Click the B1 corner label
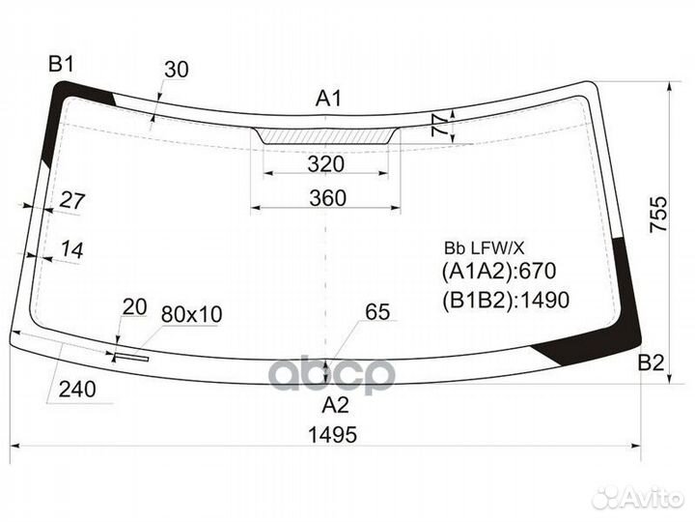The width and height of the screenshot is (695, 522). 62,65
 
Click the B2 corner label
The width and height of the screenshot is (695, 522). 652,363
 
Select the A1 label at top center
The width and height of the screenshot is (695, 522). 329,98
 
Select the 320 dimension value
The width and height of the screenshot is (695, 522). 326,164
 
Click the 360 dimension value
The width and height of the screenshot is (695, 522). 327,197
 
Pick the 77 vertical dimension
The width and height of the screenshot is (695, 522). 439,125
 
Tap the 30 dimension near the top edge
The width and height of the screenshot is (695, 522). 176,69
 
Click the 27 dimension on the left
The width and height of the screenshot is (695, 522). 72,201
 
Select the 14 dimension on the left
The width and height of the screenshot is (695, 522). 70,249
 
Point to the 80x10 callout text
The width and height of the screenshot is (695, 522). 191,314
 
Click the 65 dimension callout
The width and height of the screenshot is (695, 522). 377,311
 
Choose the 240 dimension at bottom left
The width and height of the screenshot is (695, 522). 77,391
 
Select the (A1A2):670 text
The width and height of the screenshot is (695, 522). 500,272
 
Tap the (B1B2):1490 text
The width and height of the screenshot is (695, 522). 506,300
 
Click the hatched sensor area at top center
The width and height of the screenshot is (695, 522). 326,136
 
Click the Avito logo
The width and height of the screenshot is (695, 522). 639,497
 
